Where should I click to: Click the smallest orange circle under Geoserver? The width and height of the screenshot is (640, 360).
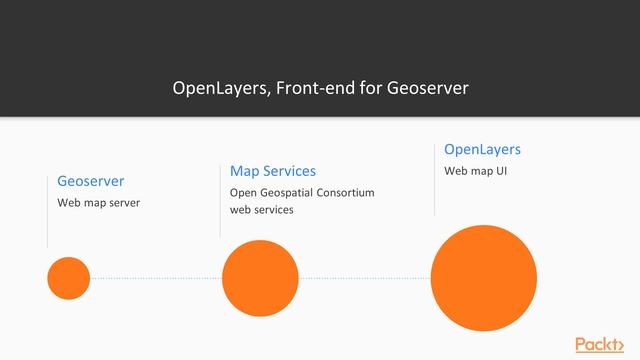(68, 278)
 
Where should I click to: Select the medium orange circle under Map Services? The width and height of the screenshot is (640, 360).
(260, 278)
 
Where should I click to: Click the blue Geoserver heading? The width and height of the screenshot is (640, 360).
(91, 181)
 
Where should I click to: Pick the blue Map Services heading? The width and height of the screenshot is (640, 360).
(273, 171)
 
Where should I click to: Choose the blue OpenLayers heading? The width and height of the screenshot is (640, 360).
(482, 149)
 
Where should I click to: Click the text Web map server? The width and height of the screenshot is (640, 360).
(98, 203)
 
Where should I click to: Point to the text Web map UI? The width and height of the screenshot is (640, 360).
(476, 171)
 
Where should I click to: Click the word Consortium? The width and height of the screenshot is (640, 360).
(342, 192)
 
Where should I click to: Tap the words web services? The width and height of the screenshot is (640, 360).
(262, 210)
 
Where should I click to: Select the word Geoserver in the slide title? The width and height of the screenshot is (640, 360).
(430, 88)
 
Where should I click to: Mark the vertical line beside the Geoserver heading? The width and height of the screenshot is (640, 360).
(47, 210)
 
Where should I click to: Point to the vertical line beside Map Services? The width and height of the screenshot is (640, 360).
(220, 200)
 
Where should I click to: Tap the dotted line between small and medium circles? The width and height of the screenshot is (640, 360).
(155, 278)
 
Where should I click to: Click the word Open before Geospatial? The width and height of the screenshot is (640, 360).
(242, 192)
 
